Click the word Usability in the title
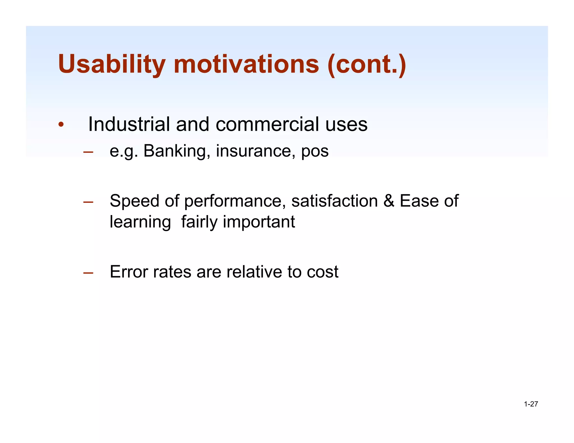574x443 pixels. (x=112, y=64)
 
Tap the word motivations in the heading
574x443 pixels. (x=246, y=64)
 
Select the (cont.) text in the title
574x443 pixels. (x=367, y=64)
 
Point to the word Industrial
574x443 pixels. (x=129, y=124)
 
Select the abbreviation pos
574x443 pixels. (x=315, y=151)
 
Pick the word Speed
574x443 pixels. (x=134, y=201)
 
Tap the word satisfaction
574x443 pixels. (x=334, y=201)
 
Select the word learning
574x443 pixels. (x=140, y=222)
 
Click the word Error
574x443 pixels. (x=128, y=272)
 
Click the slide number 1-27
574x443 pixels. (x=531, y=404)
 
